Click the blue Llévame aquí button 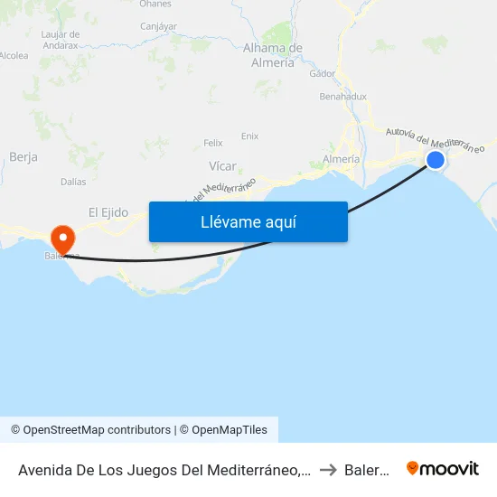pos(248,221)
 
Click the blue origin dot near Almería pos(436,160)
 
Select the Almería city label pos(342,159)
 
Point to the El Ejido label pos(108,212)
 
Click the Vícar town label pos(222,166)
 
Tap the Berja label pos(23,156)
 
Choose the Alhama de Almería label pos(273,55)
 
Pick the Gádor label pos(323,74)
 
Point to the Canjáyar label pos(159,26)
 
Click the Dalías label pos(74,182)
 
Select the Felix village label pos(213,143)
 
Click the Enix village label pos(249,136)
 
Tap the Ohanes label pos(155,5)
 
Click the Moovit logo pos(443,468)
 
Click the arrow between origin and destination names pos(327,469)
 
